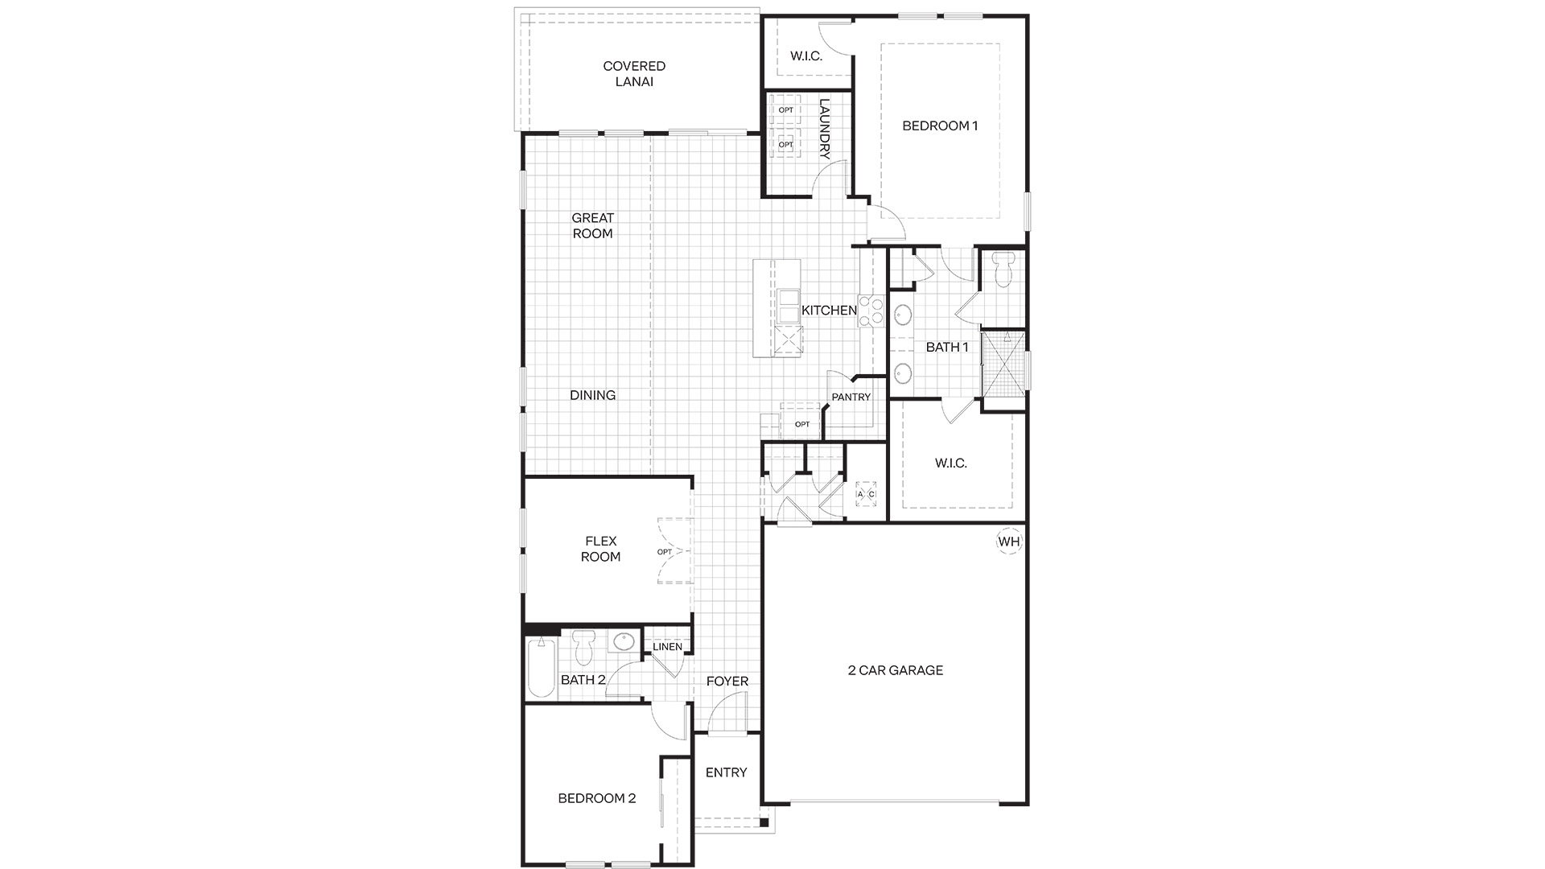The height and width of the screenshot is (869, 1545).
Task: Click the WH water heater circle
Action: (x=1009, y=542)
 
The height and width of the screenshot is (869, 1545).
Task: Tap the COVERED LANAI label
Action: (x=634, y=74)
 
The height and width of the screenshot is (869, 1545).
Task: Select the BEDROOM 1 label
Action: (x=940, y=126)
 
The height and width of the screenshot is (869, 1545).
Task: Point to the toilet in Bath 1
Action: (x=1003, y=270)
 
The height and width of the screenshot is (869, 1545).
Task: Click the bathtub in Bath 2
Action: (x=542, y=667)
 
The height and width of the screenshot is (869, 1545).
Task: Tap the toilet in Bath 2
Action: (x=584, y=649)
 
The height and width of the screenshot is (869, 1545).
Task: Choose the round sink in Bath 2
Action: (x=623, y=642)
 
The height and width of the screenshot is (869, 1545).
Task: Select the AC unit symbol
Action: (x=866, y=493)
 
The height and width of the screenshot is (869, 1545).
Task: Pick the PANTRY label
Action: (x=851, y=397)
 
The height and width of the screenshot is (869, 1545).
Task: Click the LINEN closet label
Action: (x=667, y=647)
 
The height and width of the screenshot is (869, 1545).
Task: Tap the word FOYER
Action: (x=727, y=682)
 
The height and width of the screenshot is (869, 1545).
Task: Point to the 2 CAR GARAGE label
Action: (x=896, y=670)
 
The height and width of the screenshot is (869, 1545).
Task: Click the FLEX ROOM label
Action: (x=601, y=549)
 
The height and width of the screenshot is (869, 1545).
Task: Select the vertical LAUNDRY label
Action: (x=824, y=129)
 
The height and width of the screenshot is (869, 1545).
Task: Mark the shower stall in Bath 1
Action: (x=1004, y=363)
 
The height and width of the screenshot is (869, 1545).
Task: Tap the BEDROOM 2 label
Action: (x=597, y=798)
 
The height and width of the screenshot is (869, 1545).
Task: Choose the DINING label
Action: (x=593, y=395)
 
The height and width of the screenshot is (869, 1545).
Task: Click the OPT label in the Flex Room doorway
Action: (x=664, y=552)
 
